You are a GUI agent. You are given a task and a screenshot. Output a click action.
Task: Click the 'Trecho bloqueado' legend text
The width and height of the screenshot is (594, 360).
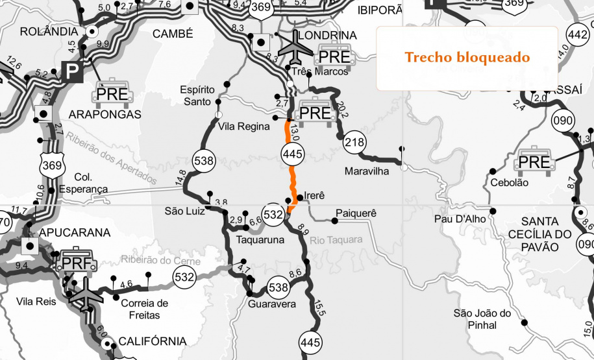(x=467, y=57)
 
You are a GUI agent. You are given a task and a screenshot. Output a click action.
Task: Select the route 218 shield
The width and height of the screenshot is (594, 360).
(x=354, y=142)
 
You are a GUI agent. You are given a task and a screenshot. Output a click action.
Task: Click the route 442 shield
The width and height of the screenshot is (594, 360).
(x=577, y=33)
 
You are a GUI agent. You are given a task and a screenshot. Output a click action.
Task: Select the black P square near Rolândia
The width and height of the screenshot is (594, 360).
(x=69, y=69)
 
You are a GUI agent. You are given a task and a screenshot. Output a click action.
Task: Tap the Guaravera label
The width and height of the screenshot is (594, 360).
(x=272, y=304)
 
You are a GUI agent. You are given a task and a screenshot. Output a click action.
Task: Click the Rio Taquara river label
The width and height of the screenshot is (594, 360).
(x=336, y=240)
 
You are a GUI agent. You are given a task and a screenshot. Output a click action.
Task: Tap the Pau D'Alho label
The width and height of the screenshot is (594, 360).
(x=460, y=219)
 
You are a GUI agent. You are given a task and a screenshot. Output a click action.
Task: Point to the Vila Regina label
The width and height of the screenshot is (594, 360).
(x=243, y=126)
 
